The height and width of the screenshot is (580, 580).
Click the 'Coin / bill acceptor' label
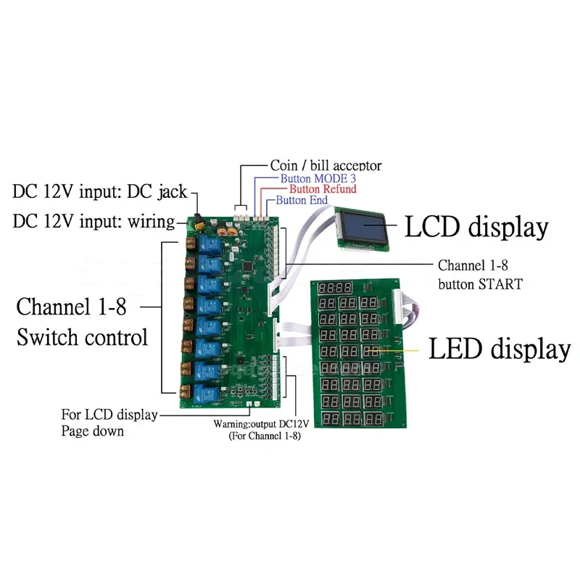(x=326, y=165)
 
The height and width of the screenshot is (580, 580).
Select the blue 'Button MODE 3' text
(x=318, y=178)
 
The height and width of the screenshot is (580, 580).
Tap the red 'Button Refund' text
(x=323, y=189)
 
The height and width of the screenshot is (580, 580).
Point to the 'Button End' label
(x=302, y=200)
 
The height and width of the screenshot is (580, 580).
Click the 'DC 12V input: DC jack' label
(x=100, y=191)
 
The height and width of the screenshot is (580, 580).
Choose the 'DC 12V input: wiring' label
(x=94, y=221)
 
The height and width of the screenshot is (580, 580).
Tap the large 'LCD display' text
(x=476, y=227)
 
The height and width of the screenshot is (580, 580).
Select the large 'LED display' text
(x=500, y=349)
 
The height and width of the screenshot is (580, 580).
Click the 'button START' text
(x=480, y=284)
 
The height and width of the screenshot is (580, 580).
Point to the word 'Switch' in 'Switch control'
(x=46, y=337)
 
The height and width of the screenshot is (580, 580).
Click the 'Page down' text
(x=92, y=431)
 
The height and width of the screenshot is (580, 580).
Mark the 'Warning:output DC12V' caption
(x=261, y=423)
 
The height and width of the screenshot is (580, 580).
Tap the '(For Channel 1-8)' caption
(x=265, y=436)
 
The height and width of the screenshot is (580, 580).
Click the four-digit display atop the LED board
(x=335, y=287)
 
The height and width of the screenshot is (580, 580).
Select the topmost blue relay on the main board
(x=210, y=245)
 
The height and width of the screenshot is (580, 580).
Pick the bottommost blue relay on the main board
(x=205, y=394)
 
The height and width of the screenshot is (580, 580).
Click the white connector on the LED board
(x=397, y=307)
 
